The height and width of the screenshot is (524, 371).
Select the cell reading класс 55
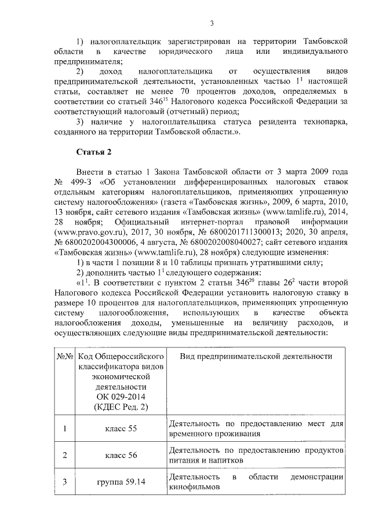tap(121, 428)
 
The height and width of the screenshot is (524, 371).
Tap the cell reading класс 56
tap(121, 455)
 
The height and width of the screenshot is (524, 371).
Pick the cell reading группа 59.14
tap(121, 482)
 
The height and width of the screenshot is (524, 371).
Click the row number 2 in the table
tap(65, 455)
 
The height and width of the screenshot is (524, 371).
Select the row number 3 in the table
tap(65, 482)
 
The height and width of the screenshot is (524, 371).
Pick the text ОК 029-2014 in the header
tap(121, 396)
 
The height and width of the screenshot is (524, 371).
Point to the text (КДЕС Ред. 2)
tap(121, 406)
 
